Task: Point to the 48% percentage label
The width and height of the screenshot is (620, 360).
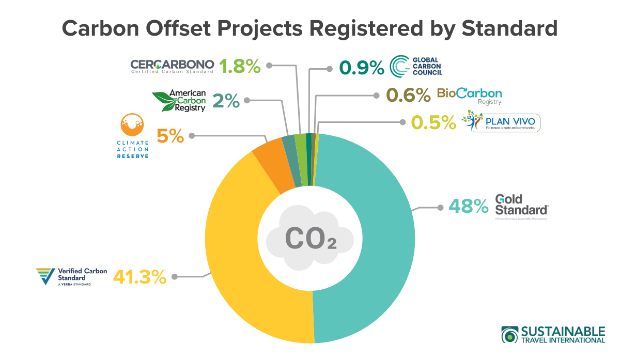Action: coord(468,207)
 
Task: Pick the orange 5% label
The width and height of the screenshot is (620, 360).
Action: coord(170,136)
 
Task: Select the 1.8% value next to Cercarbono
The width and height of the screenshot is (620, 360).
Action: coord(239,66)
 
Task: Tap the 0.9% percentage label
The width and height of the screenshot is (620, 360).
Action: coord(361,68)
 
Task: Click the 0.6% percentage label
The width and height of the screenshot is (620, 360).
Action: coord(408,95)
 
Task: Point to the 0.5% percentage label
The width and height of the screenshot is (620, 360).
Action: coord(433,122)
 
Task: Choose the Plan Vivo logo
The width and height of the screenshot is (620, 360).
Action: coord(502,122)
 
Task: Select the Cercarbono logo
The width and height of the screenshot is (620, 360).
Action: coord(172,66)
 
